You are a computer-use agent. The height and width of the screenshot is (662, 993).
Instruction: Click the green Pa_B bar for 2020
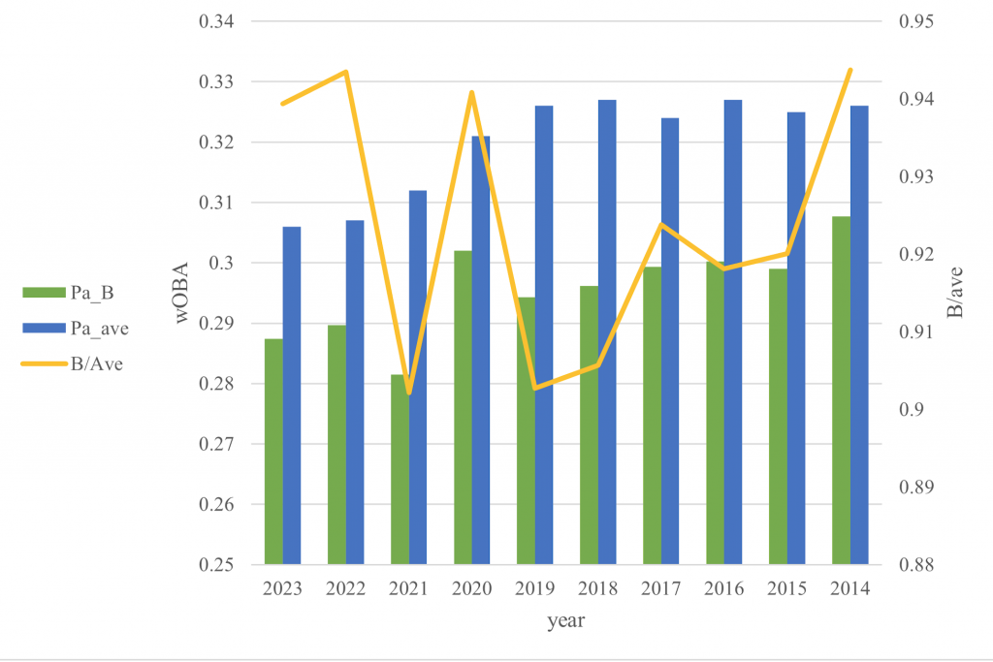click(463, 407)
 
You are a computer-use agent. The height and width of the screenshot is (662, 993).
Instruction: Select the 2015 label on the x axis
click(787, 589)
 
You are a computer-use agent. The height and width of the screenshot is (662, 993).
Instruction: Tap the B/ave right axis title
click(955, 292)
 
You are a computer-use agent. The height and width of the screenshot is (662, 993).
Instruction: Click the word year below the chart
click(564, 619)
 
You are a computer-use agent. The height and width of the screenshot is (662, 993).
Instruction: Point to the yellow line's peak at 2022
click(345, 72)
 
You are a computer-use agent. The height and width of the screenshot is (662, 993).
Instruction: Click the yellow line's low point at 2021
click(409, 393)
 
